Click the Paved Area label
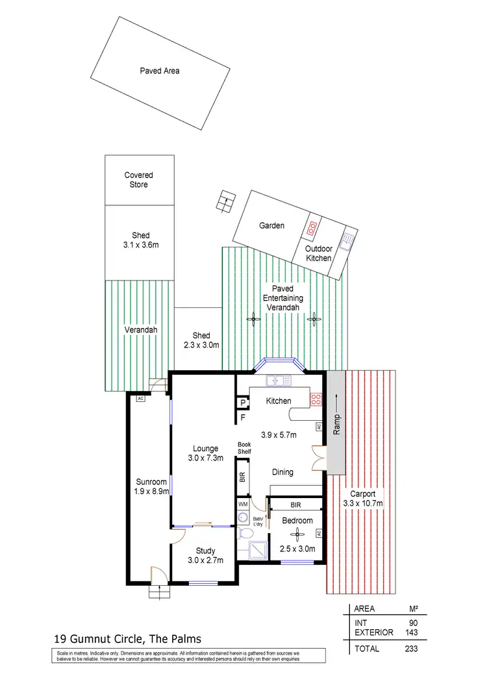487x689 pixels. [160, 71]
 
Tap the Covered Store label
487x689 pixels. [140, 180]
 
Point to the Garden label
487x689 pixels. [272, 226]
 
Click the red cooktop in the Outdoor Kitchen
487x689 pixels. [312, 227]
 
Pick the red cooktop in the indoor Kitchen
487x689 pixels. [317, 400]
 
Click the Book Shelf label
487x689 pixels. [244, 447]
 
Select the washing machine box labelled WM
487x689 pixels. [243, 504]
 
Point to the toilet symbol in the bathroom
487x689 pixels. [245, 532]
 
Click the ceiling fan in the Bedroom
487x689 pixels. [297, 533]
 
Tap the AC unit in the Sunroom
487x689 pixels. [140, 399]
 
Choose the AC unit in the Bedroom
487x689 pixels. [318, 533]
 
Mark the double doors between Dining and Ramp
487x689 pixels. [317, 458]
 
